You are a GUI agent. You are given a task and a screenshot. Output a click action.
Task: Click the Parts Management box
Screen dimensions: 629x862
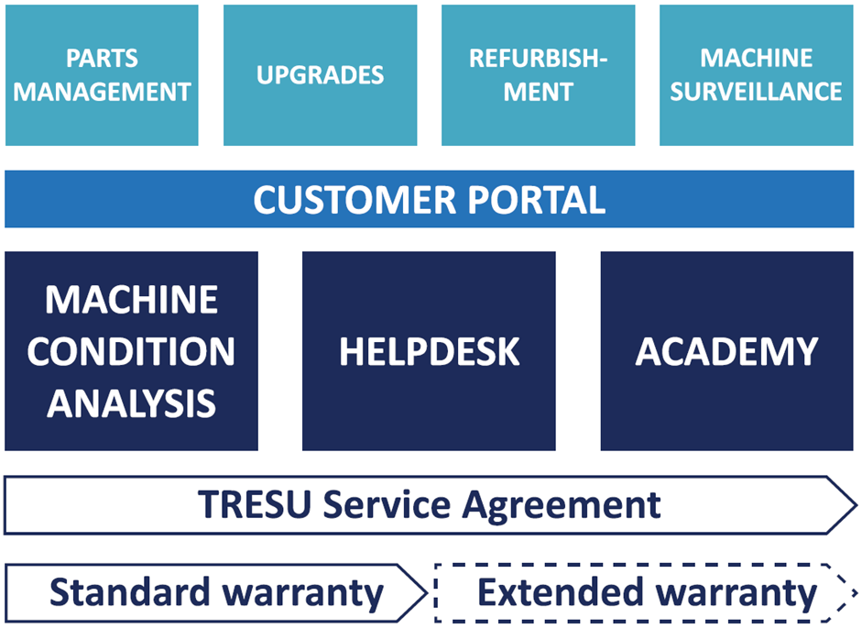tap(102, 75)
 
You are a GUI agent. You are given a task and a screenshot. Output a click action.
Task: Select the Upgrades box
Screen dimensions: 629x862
tap(320, 75)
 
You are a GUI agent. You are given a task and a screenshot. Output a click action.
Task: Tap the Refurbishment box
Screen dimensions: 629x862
tap(538, 75)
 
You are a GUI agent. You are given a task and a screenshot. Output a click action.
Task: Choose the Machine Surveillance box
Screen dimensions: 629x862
tap(756, 75)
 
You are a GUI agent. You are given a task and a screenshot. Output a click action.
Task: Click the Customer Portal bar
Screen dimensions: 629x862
tap(429, 199)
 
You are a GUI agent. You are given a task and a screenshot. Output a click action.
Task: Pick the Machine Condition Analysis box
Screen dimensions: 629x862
tap(131, 351)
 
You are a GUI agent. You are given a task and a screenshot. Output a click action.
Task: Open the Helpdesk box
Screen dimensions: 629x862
tap(429, 351)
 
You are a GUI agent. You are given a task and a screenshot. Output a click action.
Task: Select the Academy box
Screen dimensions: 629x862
tap(726, 351)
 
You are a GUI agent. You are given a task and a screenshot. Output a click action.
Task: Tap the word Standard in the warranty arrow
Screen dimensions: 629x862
tap(129, 593)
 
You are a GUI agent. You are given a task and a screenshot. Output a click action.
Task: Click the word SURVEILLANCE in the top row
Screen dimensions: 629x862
tap(756, 92)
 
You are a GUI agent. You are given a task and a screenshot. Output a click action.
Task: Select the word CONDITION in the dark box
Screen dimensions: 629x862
tap(131, 352)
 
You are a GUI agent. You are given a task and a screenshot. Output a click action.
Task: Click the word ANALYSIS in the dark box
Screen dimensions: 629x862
tap(131, 403)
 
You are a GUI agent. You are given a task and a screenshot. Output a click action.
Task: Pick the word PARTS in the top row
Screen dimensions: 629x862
tap(102, 59)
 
